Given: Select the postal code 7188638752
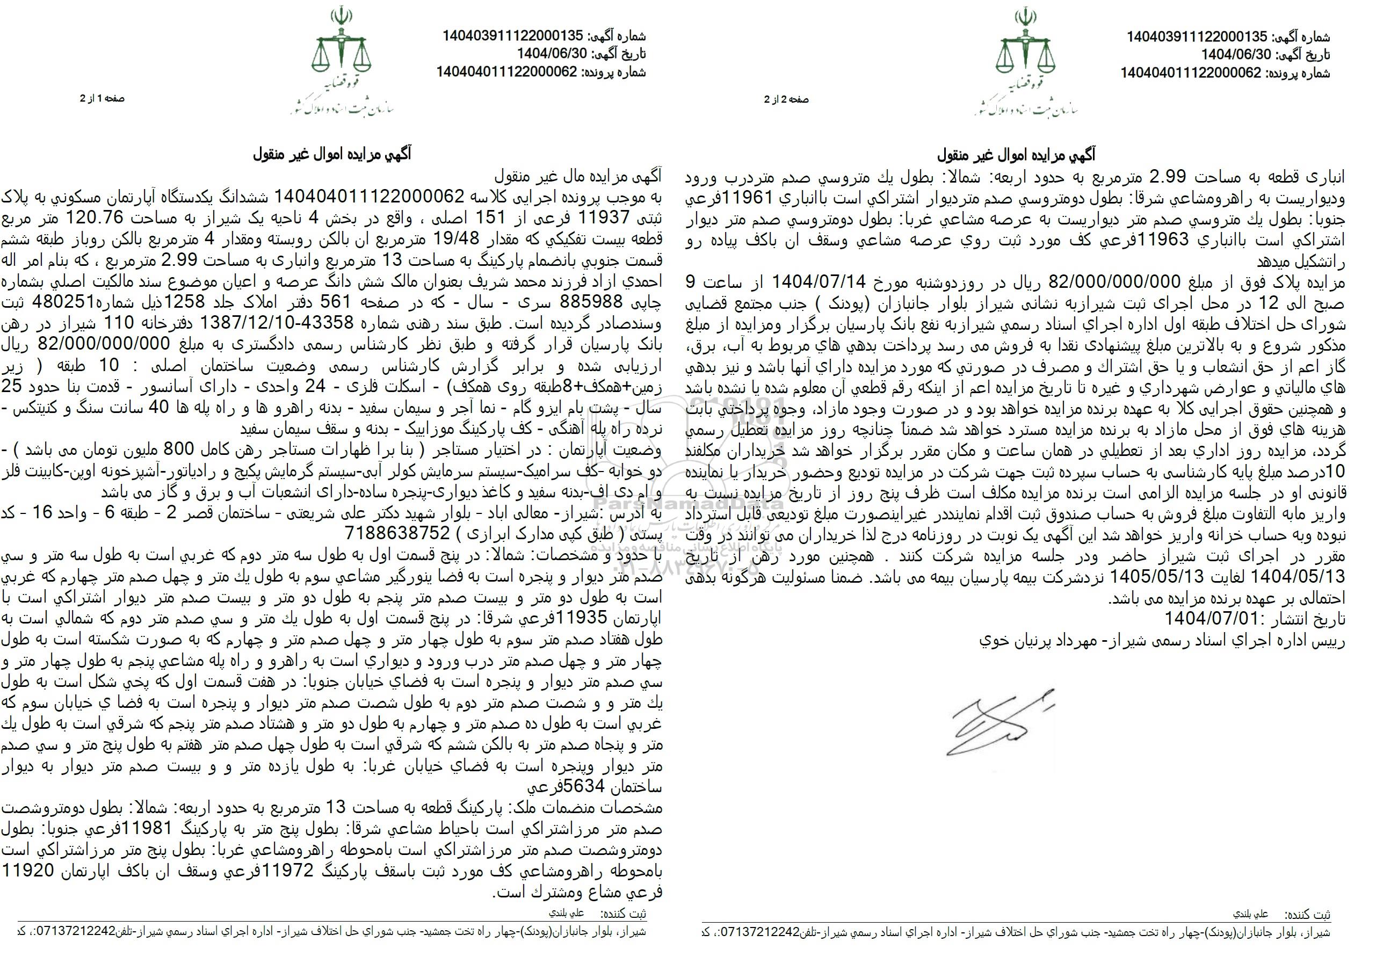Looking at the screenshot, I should click(398, 532).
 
